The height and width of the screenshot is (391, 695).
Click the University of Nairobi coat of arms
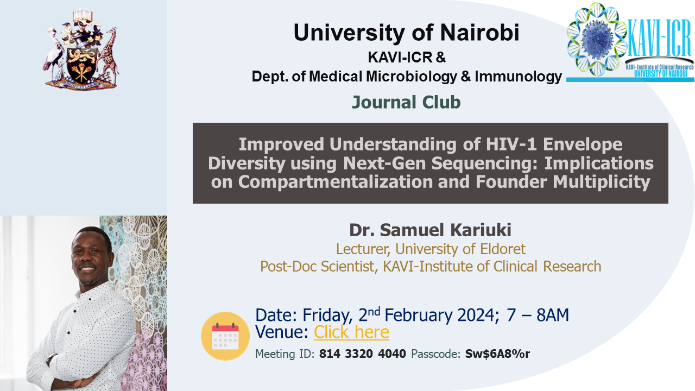click(81, 49)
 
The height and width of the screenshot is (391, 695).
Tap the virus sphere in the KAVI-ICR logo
click(597, 39)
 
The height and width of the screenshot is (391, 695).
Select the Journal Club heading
click(406, 102)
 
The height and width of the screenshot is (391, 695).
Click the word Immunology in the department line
click(518, 77)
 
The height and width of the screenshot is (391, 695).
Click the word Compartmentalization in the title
click(336, 182)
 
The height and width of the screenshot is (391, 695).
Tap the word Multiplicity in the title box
click(601, 182)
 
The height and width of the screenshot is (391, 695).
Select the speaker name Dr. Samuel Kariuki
click(431, 230)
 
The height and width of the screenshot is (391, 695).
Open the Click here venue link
click(351, 332)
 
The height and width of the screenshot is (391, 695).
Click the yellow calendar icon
click(225, 336)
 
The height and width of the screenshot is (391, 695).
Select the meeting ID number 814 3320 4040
click(362, 354)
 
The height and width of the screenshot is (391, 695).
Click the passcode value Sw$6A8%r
click(497, 354)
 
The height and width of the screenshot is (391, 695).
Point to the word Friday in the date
click(327, 316)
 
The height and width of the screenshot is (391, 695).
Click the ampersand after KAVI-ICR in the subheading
click(440, 57)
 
